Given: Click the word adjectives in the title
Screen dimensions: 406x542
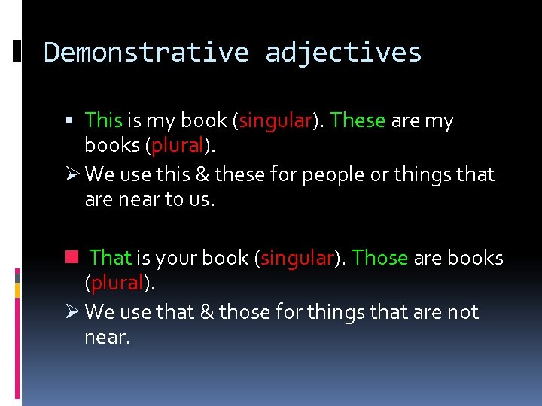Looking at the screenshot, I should tap(343, 53).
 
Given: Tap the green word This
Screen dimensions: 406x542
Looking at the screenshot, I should tap(104, 120).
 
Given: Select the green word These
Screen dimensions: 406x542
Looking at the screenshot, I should tap(358, 120).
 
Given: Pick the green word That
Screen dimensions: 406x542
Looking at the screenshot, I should tap(111, 258).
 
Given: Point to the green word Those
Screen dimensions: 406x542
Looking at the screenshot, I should tap(380, 258).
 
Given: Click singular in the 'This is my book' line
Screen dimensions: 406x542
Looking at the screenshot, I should tap(275, 120).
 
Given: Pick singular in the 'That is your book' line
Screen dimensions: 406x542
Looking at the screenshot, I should tap(297, 258).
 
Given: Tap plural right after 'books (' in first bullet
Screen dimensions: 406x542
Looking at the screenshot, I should tap(178, 145).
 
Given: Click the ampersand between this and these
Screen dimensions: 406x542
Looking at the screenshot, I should tap(202, 174).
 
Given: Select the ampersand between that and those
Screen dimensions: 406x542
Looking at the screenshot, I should tap(205, 312).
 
